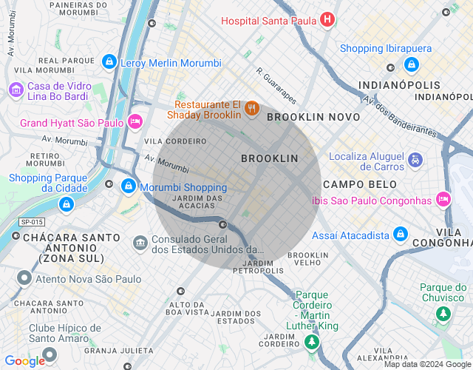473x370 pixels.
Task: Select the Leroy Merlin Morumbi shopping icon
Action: point(109,61)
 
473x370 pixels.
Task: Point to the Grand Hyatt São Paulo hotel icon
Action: point(135,121)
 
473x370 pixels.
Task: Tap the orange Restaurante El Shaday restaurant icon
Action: point(252,109)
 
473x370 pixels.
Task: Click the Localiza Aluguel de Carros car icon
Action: point(415,159)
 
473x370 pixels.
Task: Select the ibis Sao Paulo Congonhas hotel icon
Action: point(443,198)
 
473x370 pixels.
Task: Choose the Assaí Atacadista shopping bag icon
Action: point(401,234)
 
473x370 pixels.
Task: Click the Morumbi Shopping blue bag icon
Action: point(129,185)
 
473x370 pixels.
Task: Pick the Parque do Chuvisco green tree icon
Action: point(443,314)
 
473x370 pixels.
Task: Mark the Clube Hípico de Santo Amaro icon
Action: point(50,356)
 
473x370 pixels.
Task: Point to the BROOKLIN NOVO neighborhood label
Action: point(313,117)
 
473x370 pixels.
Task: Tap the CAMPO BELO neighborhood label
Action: point(359,184)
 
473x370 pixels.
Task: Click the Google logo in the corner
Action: point(24,360)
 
